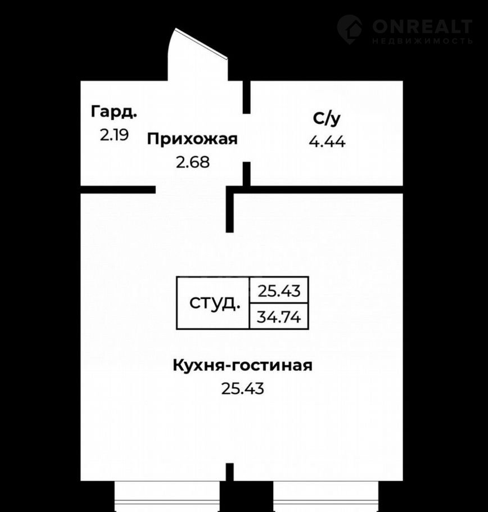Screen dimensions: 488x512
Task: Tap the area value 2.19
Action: tap(115, 135)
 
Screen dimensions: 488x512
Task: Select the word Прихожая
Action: tap(192, 139)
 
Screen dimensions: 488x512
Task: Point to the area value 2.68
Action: tap(193, 162)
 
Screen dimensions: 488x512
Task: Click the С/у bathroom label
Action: tap(327, 119)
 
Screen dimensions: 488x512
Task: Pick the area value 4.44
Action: tap(327, 142)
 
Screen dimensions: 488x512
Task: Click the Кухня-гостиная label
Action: tap(242, 365)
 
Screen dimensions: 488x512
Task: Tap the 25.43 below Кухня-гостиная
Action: tap(243, 389)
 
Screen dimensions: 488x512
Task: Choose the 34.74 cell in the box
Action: tap(279, 316)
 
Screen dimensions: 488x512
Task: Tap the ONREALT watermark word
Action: tap(422, 26)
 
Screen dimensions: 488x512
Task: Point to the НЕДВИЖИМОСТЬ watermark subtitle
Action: tap(422, 41)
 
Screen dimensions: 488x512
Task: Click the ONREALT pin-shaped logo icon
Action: tap(350, 29)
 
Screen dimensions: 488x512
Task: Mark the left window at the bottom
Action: tap(167, 496)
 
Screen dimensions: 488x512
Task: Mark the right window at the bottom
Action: tap(326, 496)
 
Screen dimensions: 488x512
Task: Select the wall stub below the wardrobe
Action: tap(118, 190)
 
